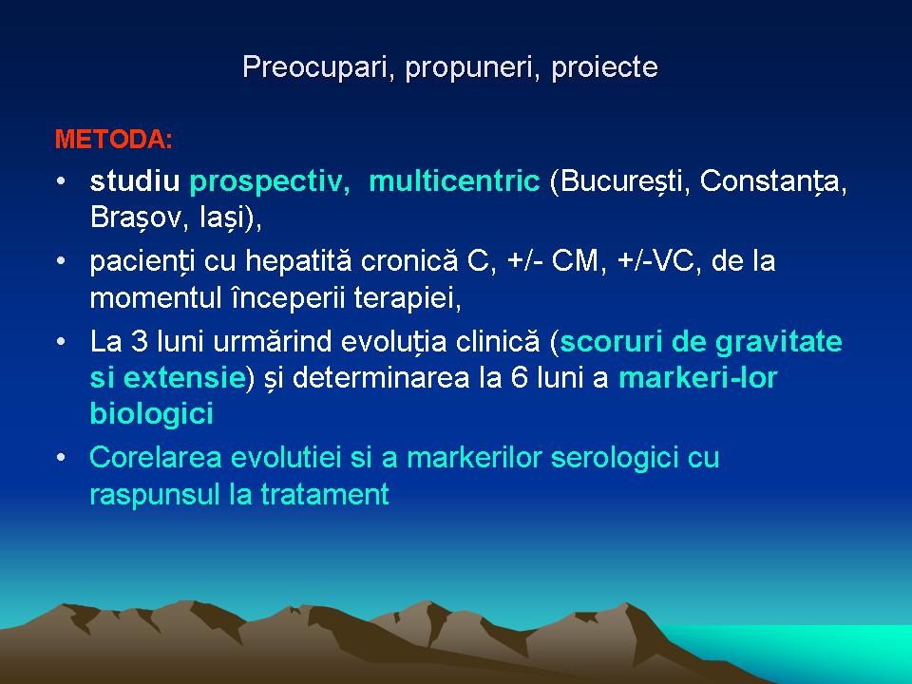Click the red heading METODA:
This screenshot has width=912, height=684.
pos(113,140)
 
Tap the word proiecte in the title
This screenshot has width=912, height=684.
pos(604,67)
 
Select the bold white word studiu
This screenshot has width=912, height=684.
pos(135,180)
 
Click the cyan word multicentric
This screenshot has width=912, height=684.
pos(454,180)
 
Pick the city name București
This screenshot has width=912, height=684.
pos(619,182)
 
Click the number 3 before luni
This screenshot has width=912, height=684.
pos(141,341)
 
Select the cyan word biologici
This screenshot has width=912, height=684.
pos(152,415)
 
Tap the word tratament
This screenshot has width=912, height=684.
pos(325,494)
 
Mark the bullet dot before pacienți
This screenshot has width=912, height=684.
pos(61,260)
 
